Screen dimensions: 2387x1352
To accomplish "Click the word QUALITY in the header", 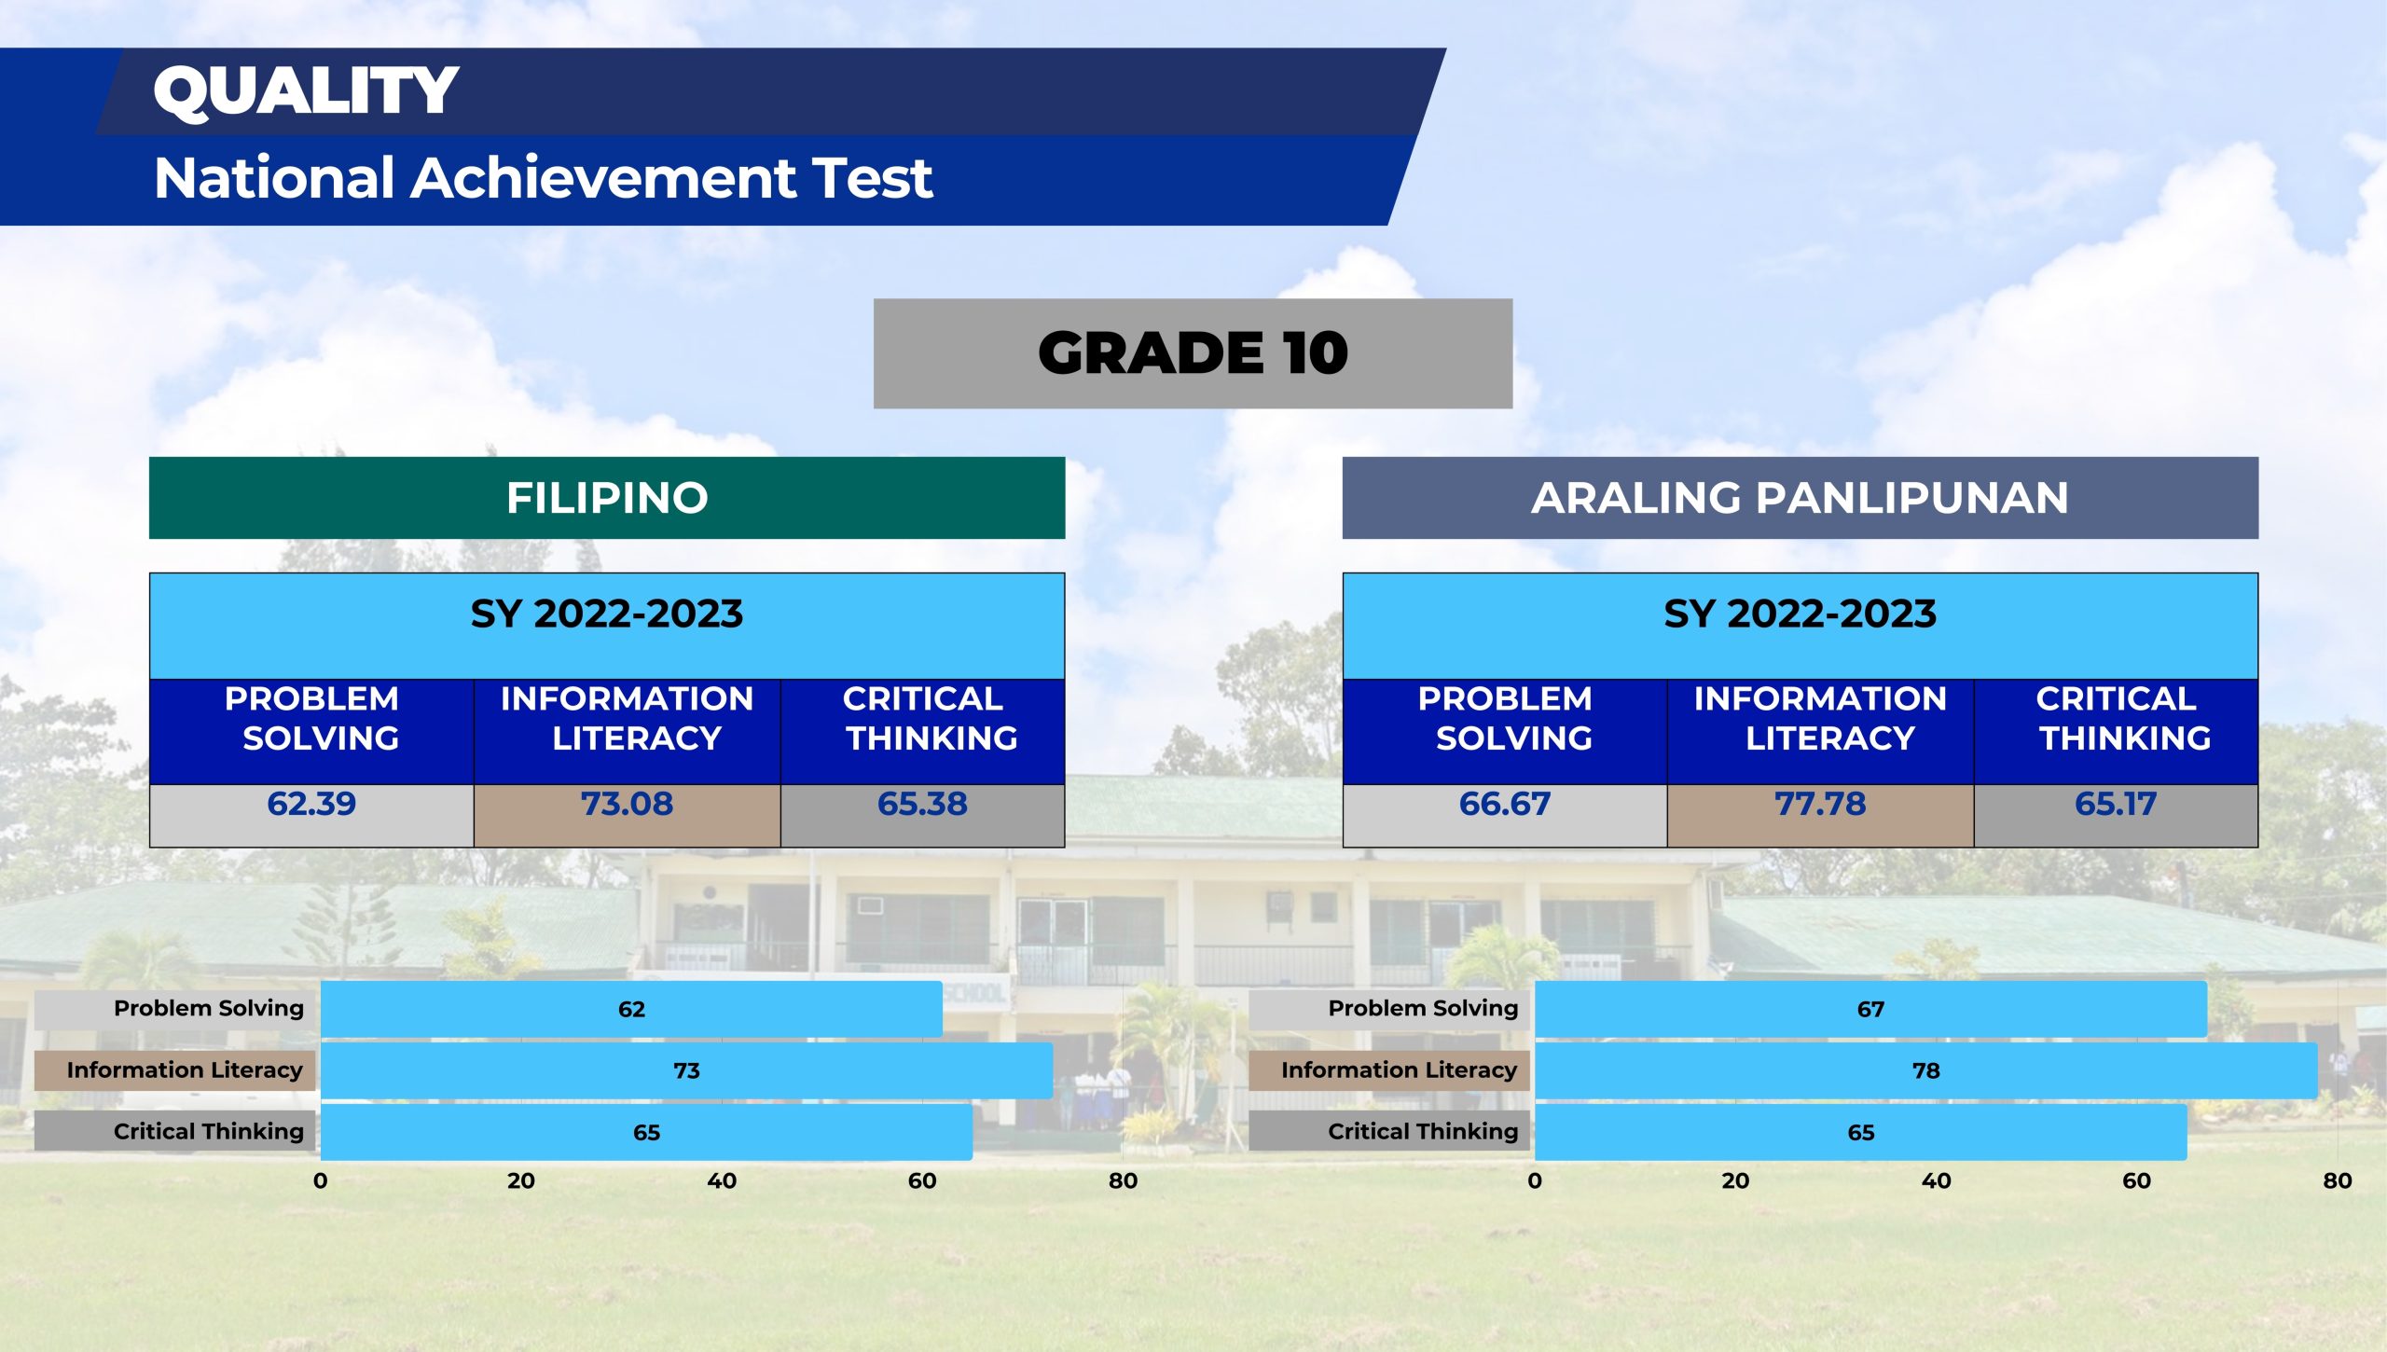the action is [306, 91].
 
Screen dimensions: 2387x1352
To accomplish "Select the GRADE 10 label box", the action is [1193, 353].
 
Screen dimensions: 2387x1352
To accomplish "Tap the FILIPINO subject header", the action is [607, 498].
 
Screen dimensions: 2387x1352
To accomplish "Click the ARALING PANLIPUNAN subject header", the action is [1800, 498].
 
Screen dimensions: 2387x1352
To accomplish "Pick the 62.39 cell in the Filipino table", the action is [311, 804].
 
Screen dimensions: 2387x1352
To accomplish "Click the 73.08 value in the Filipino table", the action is [627, 804].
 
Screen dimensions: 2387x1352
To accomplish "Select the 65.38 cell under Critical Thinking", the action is [922, 804].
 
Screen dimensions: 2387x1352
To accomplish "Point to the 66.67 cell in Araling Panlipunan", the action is [1505, 804].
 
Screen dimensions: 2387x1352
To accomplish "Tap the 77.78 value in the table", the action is [1820, 804].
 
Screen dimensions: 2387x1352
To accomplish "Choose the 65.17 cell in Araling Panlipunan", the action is [2116, 804].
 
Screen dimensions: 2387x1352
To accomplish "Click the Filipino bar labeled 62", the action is [631, 1009].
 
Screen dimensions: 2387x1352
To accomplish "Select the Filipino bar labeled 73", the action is [686, 1070].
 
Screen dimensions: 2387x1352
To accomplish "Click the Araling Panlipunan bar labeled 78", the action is [1925, 1070].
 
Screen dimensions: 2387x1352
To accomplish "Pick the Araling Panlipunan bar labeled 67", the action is [1870, 1009].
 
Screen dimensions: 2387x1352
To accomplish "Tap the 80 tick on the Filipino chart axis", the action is [1123, 1180].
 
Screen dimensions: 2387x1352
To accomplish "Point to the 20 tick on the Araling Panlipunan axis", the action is [1735, 1180].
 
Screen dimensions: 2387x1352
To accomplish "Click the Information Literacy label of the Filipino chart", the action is [185, 1069].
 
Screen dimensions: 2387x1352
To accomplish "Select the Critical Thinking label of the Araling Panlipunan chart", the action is [1423, 1132].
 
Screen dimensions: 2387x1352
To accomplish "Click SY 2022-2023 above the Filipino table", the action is [607, 614].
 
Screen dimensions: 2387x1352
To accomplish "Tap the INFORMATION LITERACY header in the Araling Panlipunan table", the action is [1820, 718].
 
